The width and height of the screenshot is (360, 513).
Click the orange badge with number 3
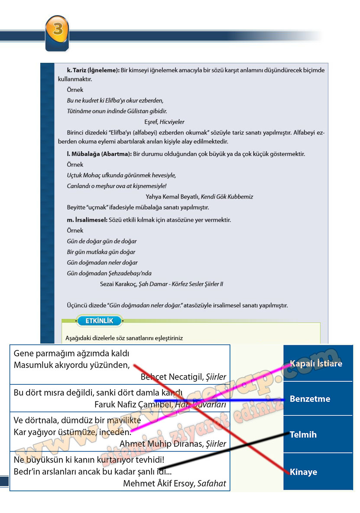[57, 30]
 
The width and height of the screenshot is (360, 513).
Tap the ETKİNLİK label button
[100, 321]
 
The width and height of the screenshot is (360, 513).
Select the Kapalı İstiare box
[317, 363]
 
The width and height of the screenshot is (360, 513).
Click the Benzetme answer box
[317, 399]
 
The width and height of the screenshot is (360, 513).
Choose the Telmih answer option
[317, 435]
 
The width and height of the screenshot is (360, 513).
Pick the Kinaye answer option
[317, 472]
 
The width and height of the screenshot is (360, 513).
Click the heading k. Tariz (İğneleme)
[93, 70]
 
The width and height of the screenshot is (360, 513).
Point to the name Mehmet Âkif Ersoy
[159, 483]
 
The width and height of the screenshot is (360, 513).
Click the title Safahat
[211, 483]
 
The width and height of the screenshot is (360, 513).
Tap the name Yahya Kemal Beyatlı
[172, 197]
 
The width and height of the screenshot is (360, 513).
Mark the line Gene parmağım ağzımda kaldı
[71, 353]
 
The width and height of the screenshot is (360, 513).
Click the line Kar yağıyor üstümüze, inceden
[72, 432]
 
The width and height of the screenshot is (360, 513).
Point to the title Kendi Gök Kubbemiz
[227, 197]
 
